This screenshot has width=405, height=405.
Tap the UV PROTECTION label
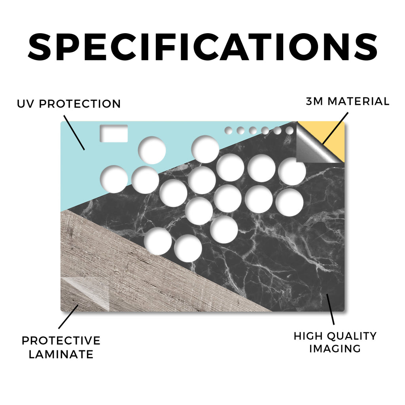69,104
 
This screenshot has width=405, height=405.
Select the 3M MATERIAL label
347,101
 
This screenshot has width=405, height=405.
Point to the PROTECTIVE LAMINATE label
61,347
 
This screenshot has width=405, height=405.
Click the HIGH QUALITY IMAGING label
335,343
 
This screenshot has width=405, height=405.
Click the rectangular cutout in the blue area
114,134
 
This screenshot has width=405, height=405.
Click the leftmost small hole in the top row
229,131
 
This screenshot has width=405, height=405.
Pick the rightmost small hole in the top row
290,131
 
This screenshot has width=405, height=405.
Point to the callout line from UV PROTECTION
74,132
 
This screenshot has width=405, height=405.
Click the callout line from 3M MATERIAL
335,128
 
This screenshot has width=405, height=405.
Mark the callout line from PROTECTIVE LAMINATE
68,317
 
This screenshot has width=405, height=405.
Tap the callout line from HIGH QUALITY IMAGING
330,309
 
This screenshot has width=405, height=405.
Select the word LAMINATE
61,354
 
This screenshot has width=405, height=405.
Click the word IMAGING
335,348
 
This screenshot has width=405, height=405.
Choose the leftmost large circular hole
114,179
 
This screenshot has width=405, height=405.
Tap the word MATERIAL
358,101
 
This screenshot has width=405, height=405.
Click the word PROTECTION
80,104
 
